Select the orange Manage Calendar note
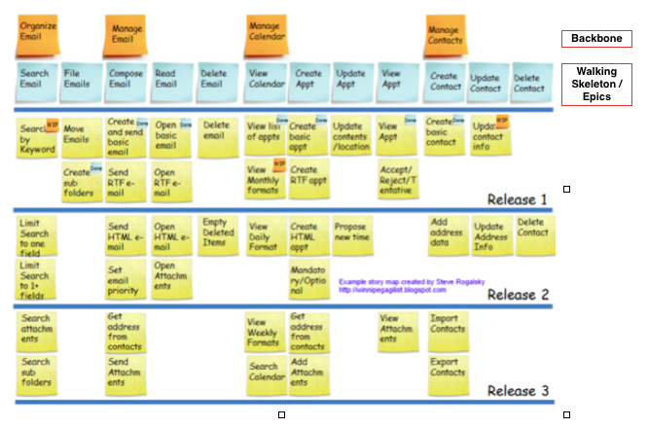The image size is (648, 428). (x=264, y=31)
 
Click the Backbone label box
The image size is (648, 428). (x=595, y=39)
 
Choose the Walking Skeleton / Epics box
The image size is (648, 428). (x=595, y=84)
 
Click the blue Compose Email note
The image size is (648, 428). (x=124, y=83)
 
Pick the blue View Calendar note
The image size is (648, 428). (x=265, y=83)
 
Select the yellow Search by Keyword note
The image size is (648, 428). (x=37, y=136)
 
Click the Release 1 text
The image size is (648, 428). (x=518, y=199)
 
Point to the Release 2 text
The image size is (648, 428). (x=518, y=295)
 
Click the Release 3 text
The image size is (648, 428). (x=518, y=392)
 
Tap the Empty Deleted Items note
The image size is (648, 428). (x=218, y=234)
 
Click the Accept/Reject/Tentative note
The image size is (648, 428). (x=398, y=179)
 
